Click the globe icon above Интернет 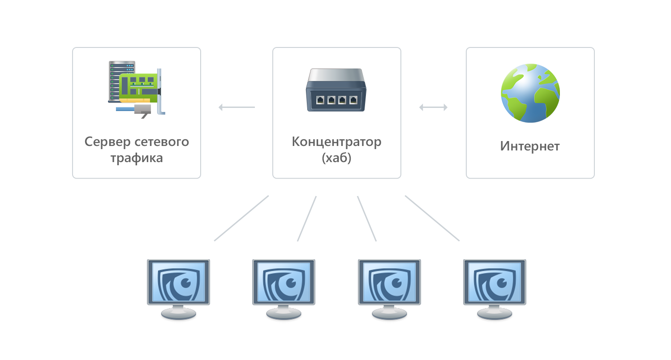coord(530,93)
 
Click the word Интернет coord(530,146)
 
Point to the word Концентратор coord(336,142)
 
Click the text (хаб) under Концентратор coord(336,158)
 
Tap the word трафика coord(137,158)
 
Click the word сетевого coord(162,142)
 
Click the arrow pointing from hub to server coord(237,107)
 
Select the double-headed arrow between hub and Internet coord(433,107)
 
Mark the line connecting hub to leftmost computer coord(241,218)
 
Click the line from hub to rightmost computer coord(432,218)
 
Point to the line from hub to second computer coord(307,219)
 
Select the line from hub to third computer coord(367,219)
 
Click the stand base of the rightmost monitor coord(495,315)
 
